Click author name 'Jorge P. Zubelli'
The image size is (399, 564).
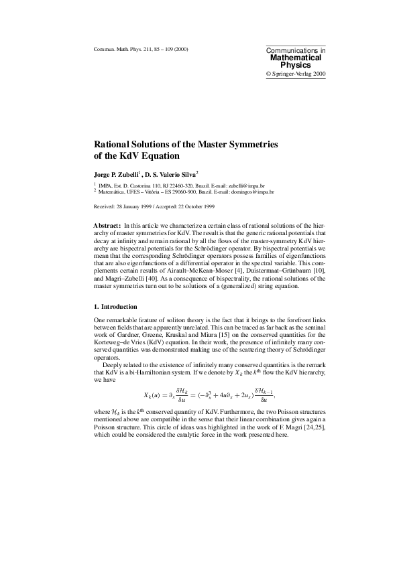coord(118,174)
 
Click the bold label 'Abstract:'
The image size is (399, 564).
coord(107,226)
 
